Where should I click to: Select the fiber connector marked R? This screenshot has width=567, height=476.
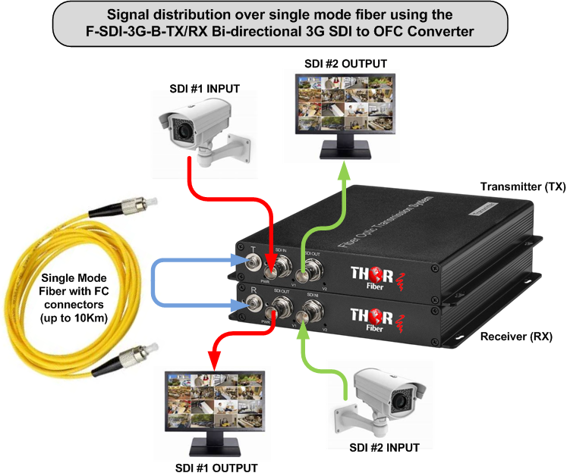(x=250, y=307)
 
